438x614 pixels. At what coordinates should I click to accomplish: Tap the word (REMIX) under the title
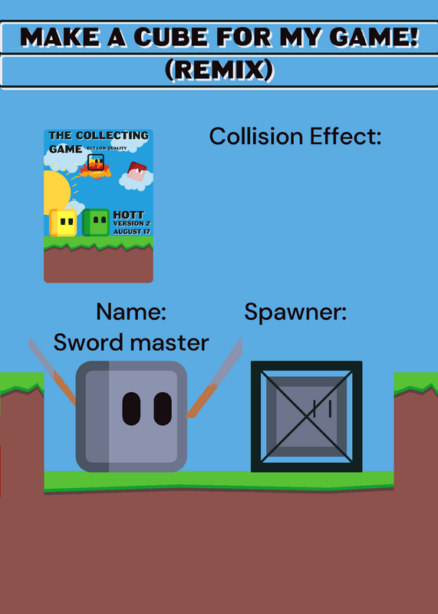tap(219, 71)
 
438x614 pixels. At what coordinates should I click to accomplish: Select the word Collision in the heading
tap(256, 137)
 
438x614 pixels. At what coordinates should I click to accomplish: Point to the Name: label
tap(131, 312)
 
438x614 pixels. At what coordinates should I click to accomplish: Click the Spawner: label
tap(295, 313)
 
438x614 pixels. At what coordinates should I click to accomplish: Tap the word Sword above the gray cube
tap(87, 342)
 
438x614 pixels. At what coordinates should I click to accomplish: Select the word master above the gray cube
tap(169, 343)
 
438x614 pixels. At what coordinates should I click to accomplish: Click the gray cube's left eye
tap(131, 408)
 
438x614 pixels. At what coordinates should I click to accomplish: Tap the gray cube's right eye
tap(163, 408)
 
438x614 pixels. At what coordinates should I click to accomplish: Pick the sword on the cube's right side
tap(215, 378)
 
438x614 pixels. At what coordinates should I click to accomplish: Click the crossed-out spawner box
tap(307, 416)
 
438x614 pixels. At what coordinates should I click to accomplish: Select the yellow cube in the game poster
tap(63, 223)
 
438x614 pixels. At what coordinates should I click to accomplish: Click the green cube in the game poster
tap(96, 223)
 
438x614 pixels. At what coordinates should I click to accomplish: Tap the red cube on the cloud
tap(137, 171)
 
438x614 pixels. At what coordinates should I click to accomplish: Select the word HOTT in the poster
tap(128, 215)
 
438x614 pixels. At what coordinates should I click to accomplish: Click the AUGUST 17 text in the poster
tap(132, 232)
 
